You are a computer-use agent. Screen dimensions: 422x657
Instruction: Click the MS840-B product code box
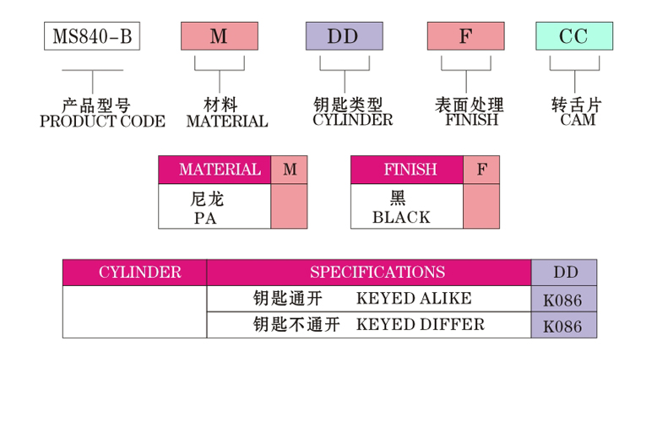(91, 36)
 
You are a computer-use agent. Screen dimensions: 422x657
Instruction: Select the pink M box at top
(219, 36)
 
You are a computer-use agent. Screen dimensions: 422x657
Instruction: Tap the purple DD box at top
(344, 36)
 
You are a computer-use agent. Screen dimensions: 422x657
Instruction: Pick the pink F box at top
(465, 36)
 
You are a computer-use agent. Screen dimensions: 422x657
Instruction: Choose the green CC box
(574, 36)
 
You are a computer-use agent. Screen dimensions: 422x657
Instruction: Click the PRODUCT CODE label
(102, 122)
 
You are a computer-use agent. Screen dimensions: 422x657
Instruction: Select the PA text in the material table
(205, 218)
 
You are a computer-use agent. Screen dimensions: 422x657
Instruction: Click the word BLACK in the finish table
(401, 218)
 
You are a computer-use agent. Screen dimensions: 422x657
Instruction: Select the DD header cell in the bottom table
(565, 273)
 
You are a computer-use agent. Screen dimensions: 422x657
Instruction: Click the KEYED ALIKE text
(414, 299)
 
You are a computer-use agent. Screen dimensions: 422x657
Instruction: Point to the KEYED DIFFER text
(421, 325)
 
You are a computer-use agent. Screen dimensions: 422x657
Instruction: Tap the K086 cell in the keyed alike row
(563, 300)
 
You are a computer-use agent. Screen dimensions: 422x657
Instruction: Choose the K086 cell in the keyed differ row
(563, 326)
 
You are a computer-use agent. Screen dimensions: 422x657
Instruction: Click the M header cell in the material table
(290, 170)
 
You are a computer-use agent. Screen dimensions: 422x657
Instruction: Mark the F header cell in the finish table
(481, 170)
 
